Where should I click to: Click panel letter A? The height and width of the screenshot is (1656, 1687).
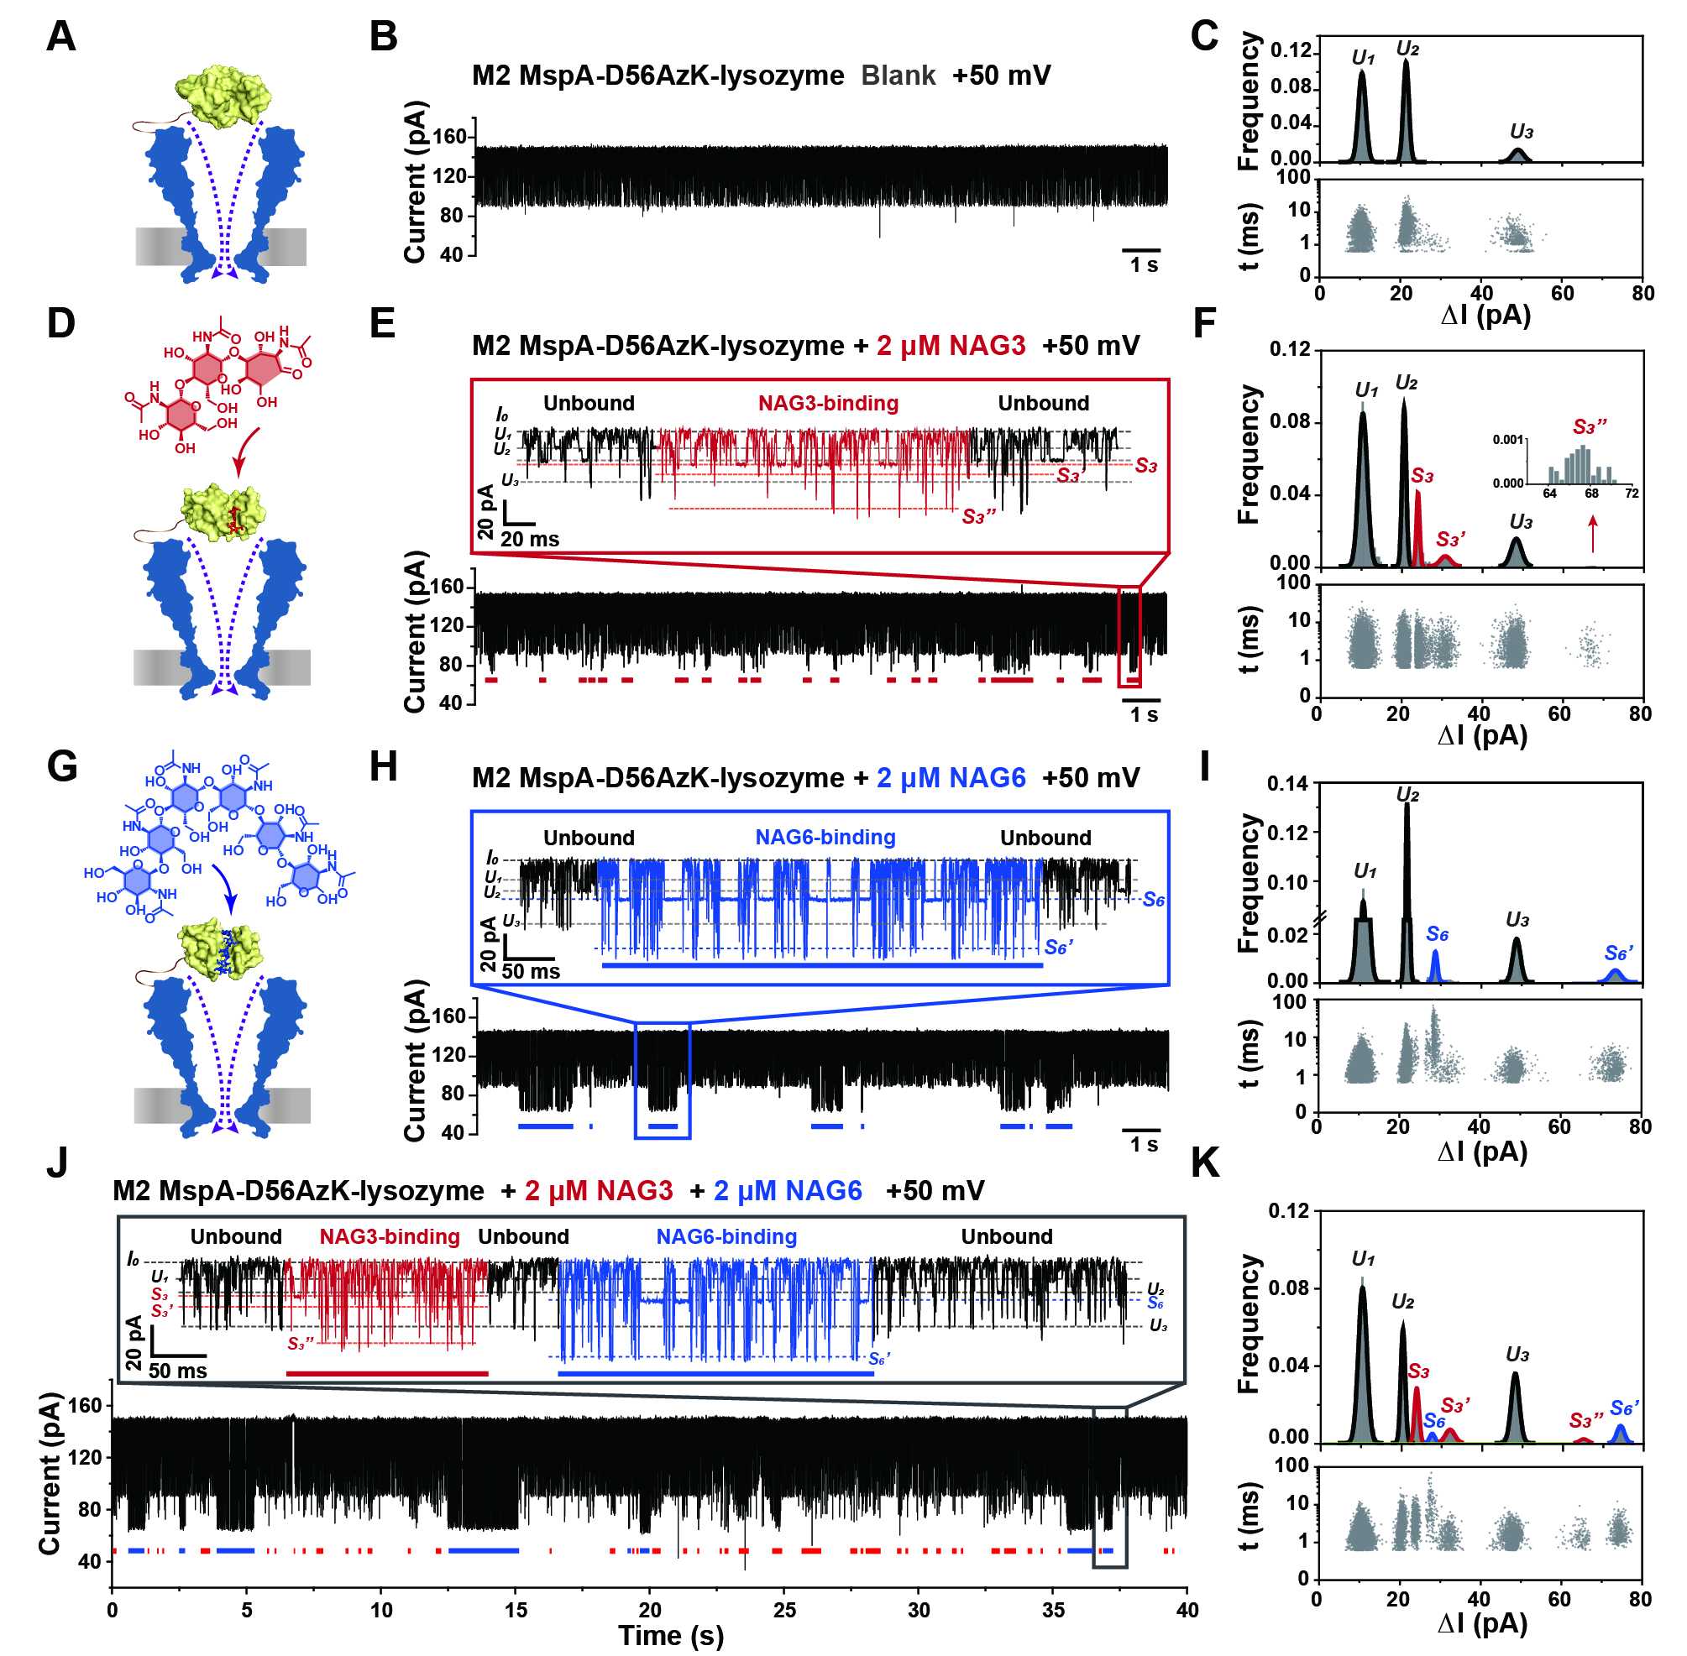(61, 37)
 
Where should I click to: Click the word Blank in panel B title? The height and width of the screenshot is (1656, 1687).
(898, 76)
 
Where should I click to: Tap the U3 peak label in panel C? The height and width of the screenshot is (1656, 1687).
(1521, 133)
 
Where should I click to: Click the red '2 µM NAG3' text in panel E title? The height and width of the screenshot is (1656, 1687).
(951, 345)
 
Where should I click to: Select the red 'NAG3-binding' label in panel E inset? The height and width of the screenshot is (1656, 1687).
(827, 404)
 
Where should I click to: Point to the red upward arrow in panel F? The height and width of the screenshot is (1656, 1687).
(1593, 534)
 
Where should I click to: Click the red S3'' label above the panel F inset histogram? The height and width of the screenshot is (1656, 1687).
(1590, 427)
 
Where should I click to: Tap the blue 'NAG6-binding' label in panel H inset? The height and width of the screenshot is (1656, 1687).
(825, 838)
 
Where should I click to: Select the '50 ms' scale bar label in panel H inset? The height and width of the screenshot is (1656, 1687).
(531, 971)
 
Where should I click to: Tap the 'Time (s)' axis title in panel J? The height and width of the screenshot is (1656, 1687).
(671, 1635)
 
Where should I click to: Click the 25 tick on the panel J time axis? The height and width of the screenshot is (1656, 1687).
(784, 1610)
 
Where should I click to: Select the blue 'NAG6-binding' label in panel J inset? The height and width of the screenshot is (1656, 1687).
(726, 1237)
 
